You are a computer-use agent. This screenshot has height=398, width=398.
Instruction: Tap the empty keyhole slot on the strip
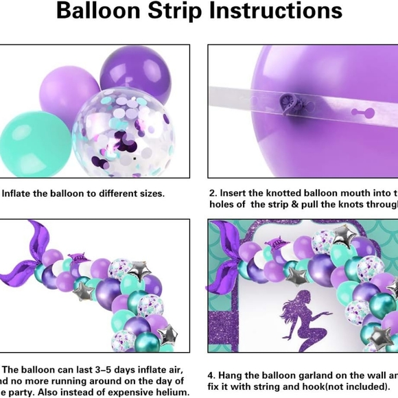point(358,112)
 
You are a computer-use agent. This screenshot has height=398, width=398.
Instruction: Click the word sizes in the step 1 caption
point(150,194)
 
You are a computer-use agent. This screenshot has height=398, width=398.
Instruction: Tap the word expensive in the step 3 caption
point(128,393)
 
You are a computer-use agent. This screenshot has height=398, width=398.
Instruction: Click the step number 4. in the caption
point(211,375)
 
